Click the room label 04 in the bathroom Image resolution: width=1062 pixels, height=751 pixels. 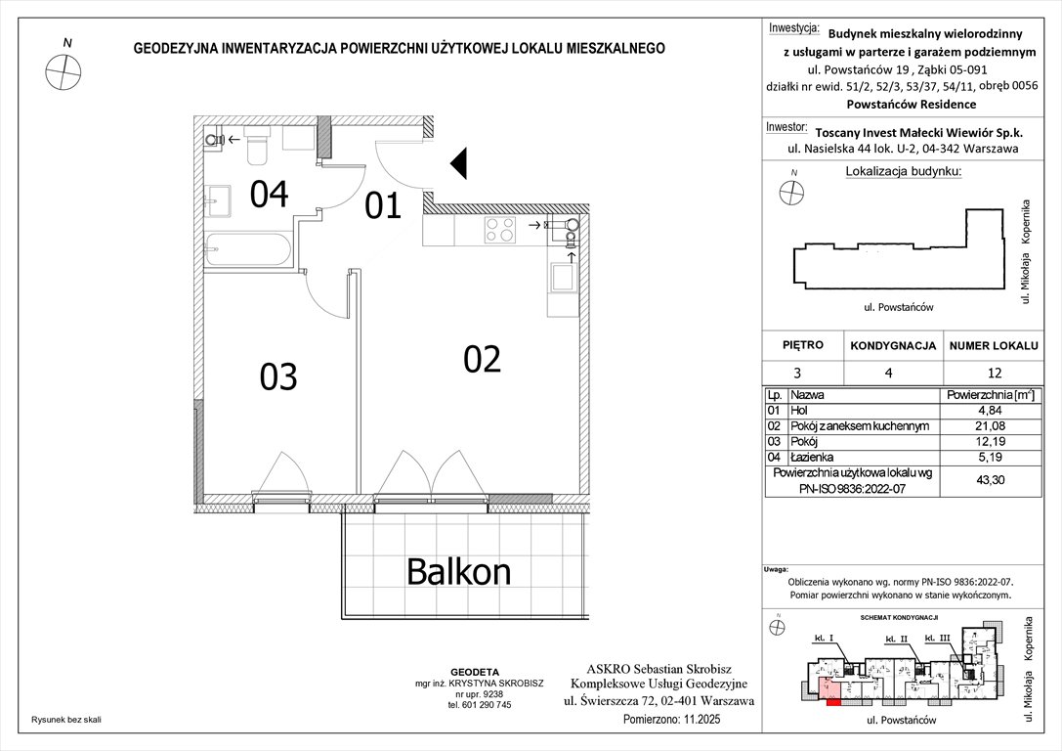[269, 195]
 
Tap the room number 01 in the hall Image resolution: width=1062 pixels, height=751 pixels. [383, 206]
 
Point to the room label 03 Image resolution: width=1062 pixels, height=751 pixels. [278, 376]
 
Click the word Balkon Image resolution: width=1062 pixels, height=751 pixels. [458, 570]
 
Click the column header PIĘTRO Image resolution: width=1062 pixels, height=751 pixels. [803, 345]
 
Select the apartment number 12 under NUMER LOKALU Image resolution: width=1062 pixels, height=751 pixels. [994, 373]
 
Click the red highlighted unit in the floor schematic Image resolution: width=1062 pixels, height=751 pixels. [832, 700]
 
